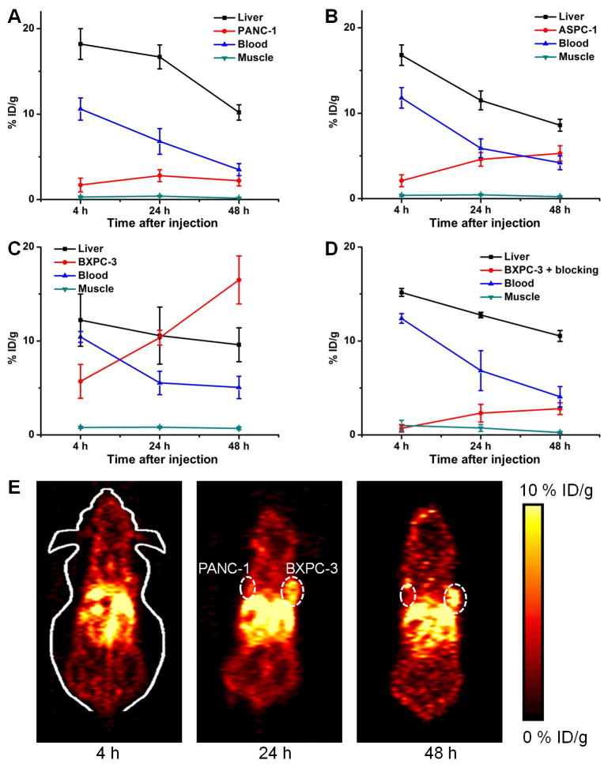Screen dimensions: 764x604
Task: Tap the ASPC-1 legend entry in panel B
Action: coord(534,31)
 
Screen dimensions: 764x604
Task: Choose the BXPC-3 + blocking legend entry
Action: coord(538,269)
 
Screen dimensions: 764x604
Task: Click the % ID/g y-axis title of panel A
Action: coord(13,114)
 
